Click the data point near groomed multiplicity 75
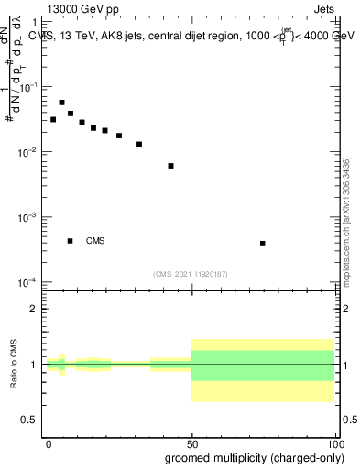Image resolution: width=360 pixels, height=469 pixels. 263,244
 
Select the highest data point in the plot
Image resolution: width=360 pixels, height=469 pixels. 61,103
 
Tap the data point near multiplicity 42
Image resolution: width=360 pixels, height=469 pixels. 171,166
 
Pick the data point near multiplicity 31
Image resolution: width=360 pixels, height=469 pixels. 139,144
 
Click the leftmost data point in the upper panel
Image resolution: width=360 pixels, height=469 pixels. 53,120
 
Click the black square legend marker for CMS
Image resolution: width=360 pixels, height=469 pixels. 71,241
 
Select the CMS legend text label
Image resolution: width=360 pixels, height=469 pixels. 95,242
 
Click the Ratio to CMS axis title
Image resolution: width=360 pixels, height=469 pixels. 13,364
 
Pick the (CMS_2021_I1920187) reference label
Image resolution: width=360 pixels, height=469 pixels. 191,274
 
